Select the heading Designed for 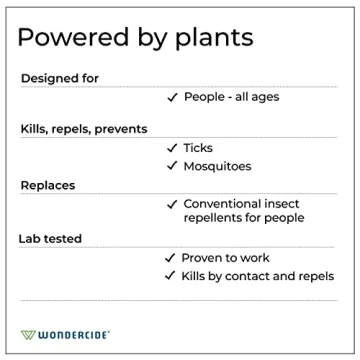[x=60, y=78]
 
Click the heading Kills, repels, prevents [x=84, y=129]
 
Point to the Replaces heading [x=48, y=185]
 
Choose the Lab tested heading [x=50, y=239]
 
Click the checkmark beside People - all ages [x=172, y=97]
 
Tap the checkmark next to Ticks [x=172, y=148]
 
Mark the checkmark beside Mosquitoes [x=172, y=165]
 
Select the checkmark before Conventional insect [x=172, y=203]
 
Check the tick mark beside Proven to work [x=170, y=258]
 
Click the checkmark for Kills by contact [x=170, y=276]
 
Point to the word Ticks [x=198, y=148]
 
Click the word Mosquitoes [x=217, y=165]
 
